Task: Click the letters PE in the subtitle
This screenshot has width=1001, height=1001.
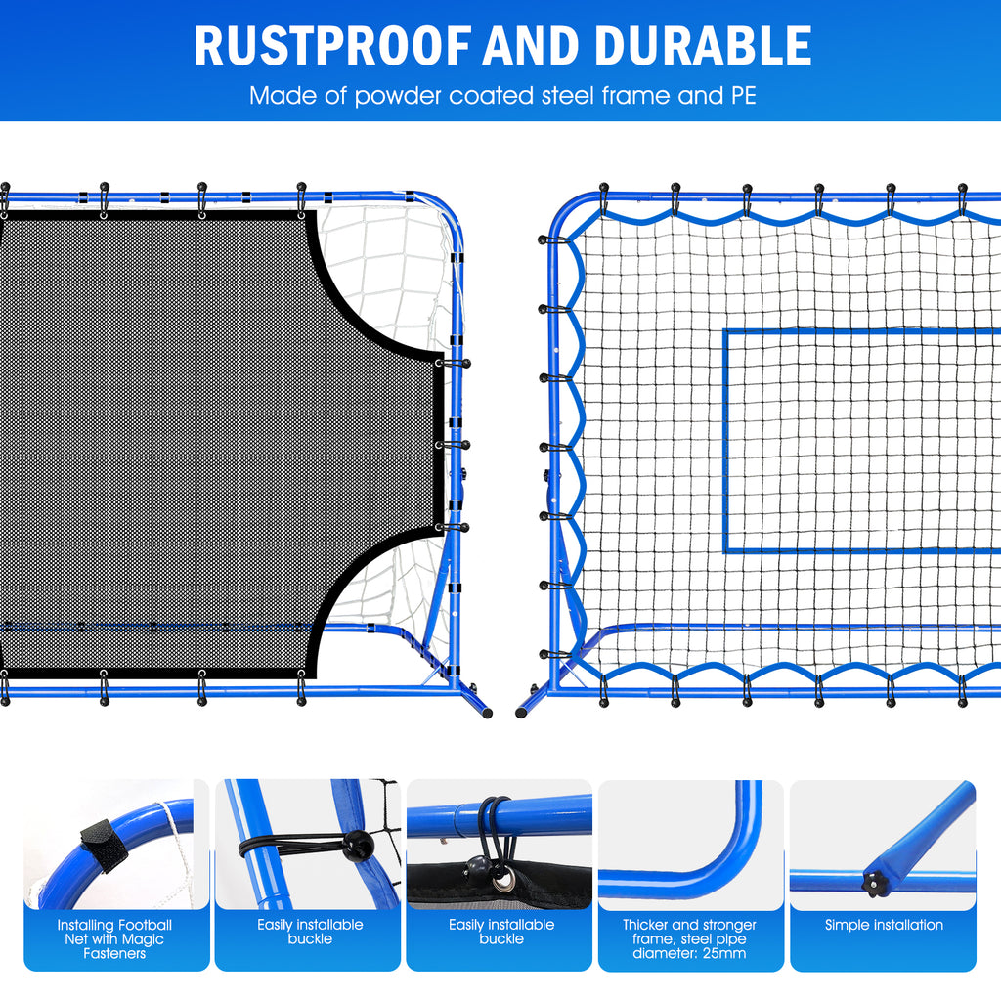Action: (740, 96)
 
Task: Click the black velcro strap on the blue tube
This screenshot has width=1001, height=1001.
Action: (105, 843)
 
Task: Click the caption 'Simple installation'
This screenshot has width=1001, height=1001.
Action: (884, 925)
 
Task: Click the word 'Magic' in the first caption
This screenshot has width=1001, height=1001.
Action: (142, 939)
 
